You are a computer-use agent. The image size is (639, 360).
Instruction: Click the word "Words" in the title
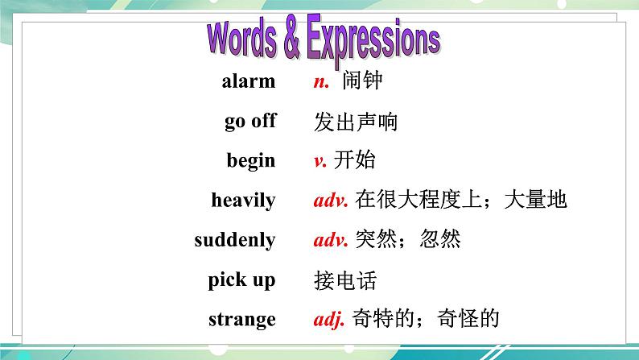[242, 39]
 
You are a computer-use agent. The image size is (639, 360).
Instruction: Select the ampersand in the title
[291, 42]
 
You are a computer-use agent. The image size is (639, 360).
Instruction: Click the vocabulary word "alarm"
[248, 81]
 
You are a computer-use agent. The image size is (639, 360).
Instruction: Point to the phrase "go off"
[250, 122]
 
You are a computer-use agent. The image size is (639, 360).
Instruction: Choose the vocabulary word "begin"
[251, 161]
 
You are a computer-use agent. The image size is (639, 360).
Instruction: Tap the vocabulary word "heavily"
[243, 201]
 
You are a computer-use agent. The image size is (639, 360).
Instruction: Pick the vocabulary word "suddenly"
[235, 240]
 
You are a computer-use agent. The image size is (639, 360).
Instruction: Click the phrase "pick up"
[241, 280]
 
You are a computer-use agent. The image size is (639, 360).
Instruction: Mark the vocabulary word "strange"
[242, 319]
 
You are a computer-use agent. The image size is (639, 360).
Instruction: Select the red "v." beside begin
[320, 161]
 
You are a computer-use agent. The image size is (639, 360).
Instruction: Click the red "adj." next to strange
[329, 319]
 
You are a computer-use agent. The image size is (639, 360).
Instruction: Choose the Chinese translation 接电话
[344, 281]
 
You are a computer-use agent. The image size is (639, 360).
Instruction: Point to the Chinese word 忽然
[440, 240]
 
